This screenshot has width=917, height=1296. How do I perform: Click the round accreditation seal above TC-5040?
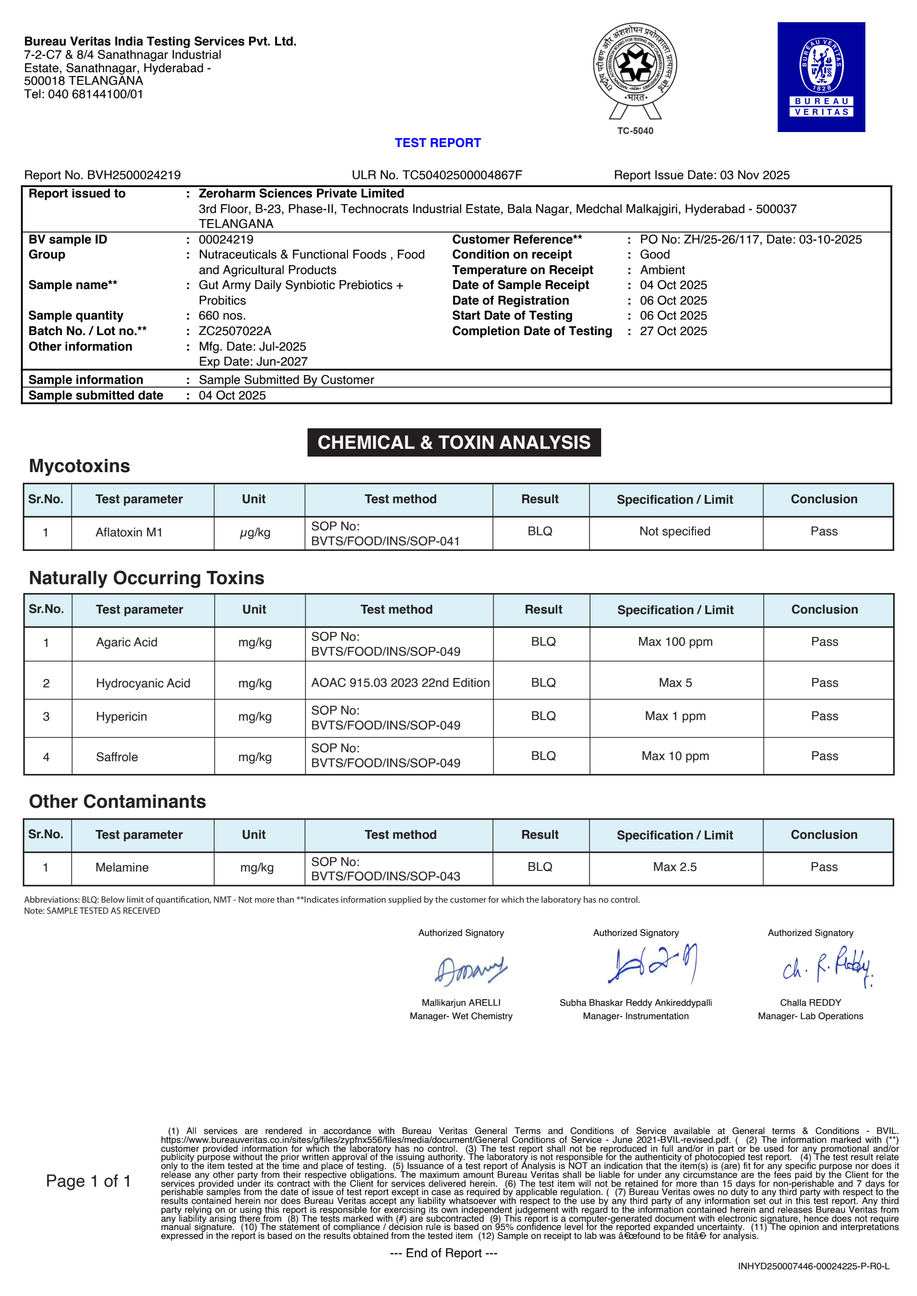634,64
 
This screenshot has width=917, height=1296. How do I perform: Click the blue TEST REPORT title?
437,143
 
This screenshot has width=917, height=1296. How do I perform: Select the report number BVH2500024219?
133,175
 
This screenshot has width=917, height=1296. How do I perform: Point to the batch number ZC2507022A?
235,331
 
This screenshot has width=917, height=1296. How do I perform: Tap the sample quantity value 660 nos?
222,316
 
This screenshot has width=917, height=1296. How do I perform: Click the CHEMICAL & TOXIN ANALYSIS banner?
454,442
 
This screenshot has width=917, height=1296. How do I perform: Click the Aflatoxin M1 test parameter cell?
129,532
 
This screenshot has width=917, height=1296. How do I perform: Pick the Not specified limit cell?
675,531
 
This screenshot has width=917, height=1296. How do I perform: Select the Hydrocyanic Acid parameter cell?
143,683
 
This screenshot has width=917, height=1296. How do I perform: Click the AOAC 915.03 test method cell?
400,682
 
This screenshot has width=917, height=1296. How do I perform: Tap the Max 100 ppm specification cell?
675,642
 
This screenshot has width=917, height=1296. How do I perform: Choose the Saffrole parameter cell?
117,757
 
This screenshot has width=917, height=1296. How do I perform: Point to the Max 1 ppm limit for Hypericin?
675,716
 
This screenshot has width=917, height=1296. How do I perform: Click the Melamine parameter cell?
122,867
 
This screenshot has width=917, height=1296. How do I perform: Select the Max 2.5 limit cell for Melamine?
675,867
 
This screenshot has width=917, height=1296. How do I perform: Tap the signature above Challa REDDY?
827,966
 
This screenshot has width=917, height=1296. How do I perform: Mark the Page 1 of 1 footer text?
88,1181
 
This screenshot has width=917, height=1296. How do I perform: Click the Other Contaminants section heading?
118,802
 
